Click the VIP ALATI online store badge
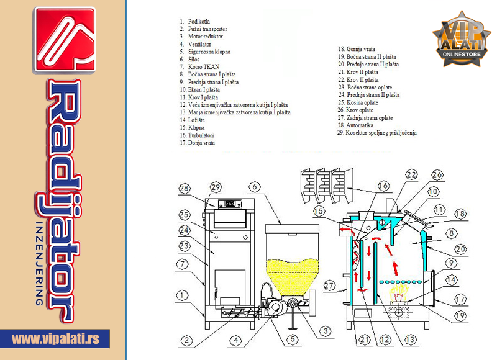pyautogui.click(x=462, y=39)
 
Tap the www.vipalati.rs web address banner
pyautogui.click(x=55, y=339)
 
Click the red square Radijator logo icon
pyautogui.click(x=65, y=40)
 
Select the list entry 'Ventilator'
pyautogui.click(x=196, y=44)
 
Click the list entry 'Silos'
pyautogui.click(x=189, y=59)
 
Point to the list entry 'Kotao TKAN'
pyautogui.click(x=199, y=67)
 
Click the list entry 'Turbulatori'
pyautogui.click(x=197, y=135)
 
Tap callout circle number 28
pyautogui.click(x=184, y=189)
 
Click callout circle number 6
pyautogui.click(x=255, y=187)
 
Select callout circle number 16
pyautogui.click(x=383, y=186)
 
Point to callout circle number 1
pyautogui.click(x=181, y=295)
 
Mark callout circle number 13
pyautogui.click(x=410, y=340)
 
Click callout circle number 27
pyautogui.click(x=329, y=286)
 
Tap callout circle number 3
pyautogui.click(x=325, y=331)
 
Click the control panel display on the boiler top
pyautogui.click(x=230, y=204)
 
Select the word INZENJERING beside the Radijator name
pyautogui.click(x=39, y=263)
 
